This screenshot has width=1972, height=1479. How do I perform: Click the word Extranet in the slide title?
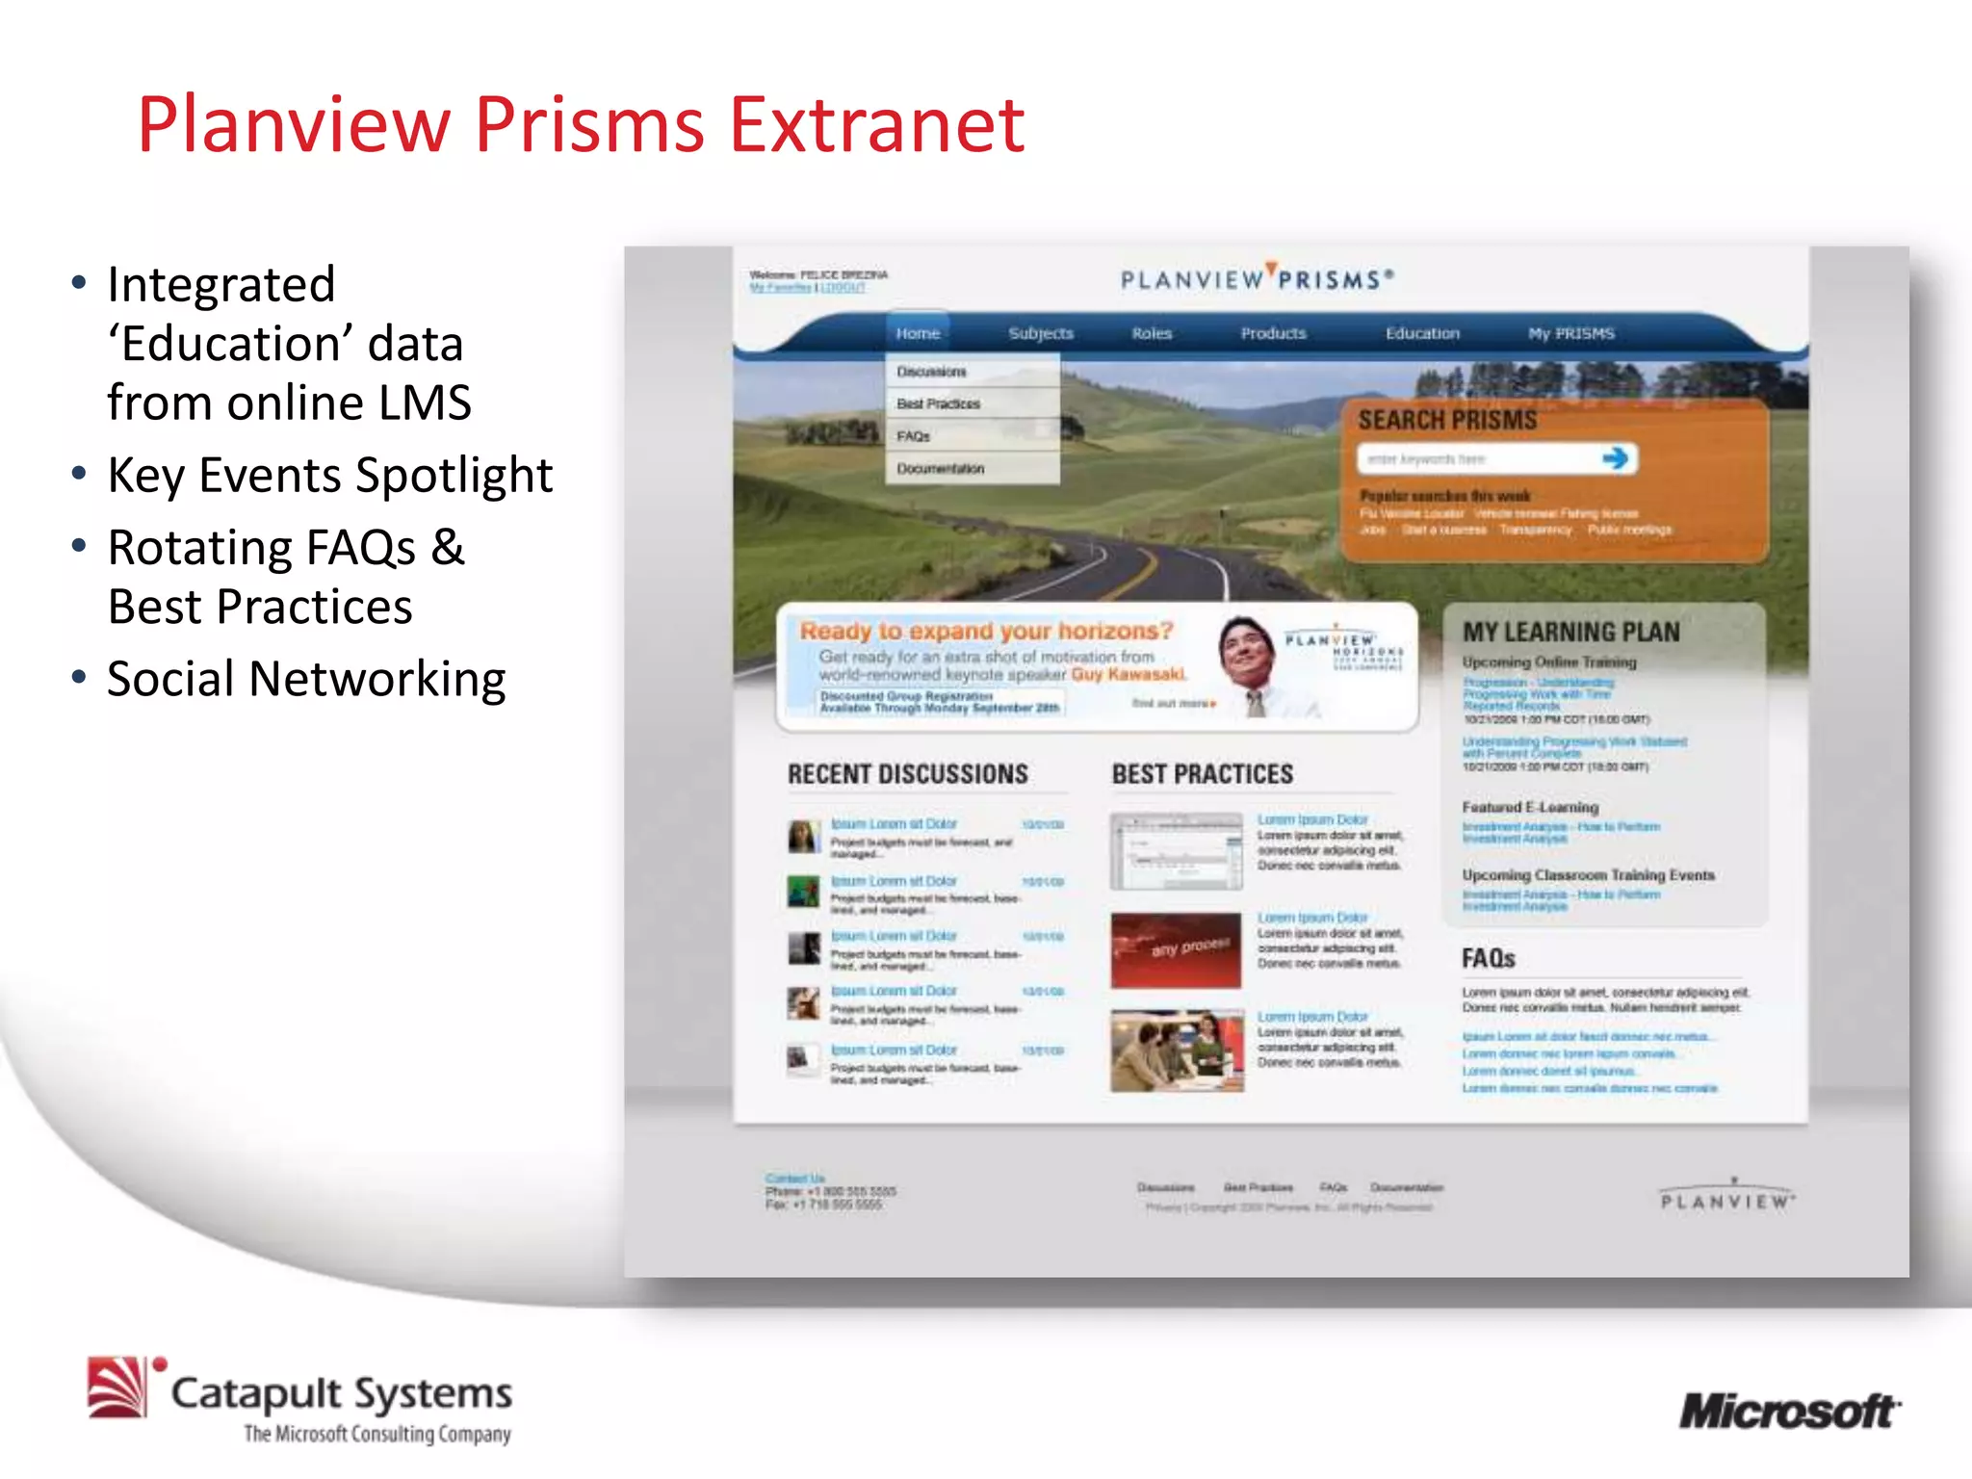[x=876, y=125]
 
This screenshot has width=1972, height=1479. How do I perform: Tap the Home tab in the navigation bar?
[x=918, y=333]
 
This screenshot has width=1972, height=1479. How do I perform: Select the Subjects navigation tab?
[x=1041, y=333]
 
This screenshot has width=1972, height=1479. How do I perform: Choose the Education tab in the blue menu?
[x=1422, y=333]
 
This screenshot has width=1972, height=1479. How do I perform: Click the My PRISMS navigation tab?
[x=1570, y=333]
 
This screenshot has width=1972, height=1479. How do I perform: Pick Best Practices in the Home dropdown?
[x=939, y=403]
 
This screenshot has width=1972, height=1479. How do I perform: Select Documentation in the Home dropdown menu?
[x=941, y=469]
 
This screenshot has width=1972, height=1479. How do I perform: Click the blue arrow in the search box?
[x=1616, y=458]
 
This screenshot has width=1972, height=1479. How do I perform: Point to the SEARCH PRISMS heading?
[x=1447, y=420]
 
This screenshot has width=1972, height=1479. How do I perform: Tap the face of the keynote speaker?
[x=1246, y=650]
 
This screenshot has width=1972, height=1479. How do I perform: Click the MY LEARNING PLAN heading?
[x=1570, y=632]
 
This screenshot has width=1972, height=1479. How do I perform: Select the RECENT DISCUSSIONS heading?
[x=907, y=774]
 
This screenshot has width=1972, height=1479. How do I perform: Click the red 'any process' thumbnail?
[x=1176, y=949]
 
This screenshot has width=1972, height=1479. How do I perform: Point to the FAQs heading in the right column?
[x=1488, y=958]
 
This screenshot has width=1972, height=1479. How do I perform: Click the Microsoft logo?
[x=1789, y=1412]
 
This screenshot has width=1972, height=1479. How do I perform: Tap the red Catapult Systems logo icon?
[x=117, y=1388]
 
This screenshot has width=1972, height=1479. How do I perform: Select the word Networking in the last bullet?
[x=377, y=679]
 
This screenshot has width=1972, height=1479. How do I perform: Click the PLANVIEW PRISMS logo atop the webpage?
[x=1257, y=279]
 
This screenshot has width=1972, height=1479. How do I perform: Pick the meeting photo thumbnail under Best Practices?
[x=1176, y=1051]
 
